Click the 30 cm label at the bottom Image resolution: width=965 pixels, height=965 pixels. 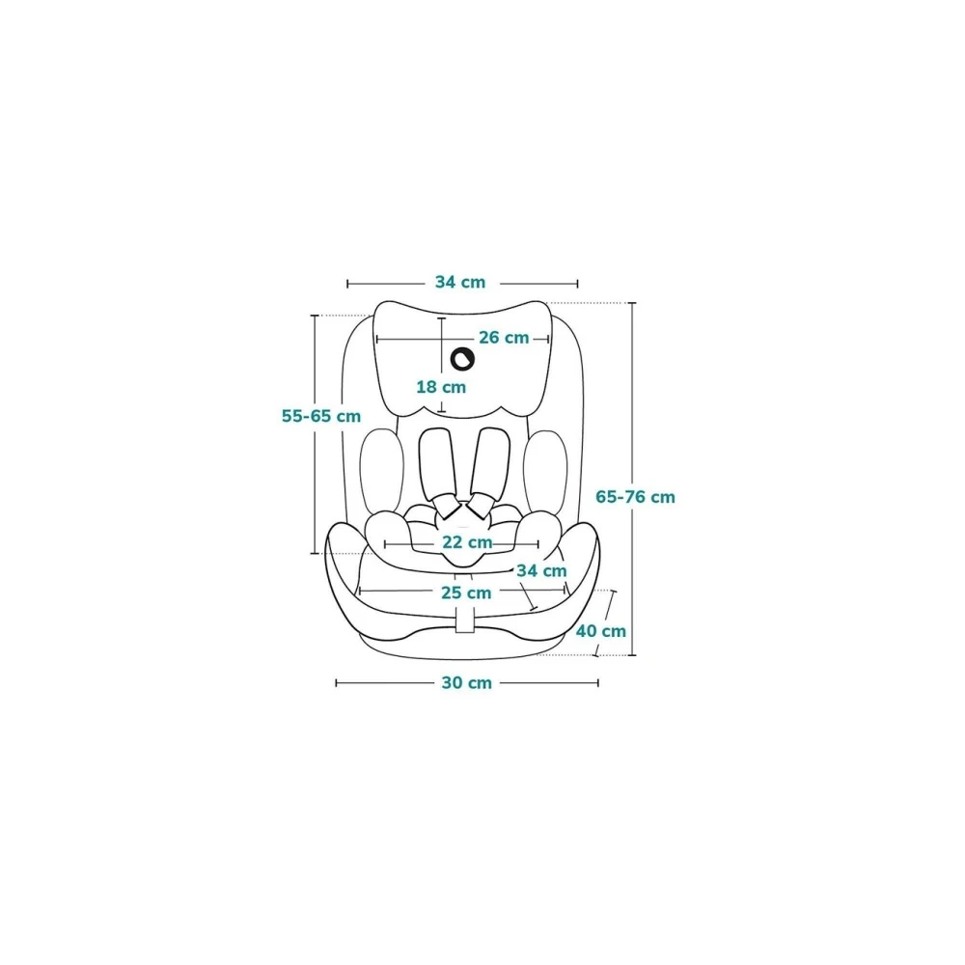pos(467,683)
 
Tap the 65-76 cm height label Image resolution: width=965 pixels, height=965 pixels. pos(636,497)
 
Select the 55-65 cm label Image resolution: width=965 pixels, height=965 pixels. pos(321,416)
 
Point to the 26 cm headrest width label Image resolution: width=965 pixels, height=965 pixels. pos(504,338)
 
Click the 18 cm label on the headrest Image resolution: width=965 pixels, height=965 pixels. pos(441,386)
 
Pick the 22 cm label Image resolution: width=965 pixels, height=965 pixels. pos(467,542)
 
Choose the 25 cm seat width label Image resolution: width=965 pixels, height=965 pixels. pos(466,593)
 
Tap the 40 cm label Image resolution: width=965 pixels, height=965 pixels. pos(600,631)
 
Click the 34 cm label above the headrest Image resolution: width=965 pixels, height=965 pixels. pos(460,283)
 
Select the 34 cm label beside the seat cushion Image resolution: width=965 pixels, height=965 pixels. pos(541,570)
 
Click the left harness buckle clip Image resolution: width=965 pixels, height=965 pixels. pos(447,504)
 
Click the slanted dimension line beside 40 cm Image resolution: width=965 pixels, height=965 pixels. pos(604,622)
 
